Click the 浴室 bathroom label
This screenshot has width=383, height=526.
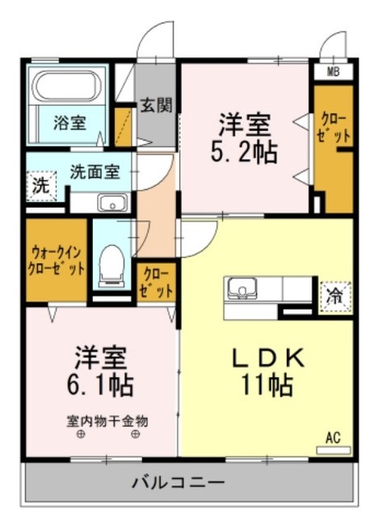tap(70, 123)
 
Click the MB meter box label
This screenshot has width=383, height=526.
tap(333, 71)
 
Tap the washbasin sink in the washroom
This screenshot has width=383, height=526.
tap(109, 203)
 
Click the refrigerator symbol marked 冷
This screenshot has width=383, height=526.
tap(335, 293)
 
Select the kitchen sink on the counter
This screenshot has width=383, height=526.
tap(242, 289)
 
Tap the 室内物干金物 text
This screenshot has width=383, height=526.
tap(107, 420)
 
